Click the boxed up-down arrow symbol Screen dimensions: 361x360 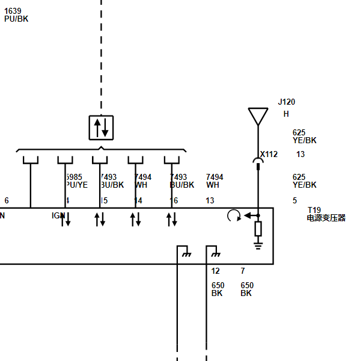101,128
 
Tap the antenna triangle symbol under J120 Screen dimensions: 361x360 258,115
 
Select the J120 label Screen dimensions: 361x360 286,102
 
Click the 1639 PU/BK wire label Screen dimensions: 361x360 16,15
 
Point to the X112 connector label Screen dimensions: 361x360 269,155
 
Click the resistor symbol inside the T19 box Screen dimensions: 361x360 258,229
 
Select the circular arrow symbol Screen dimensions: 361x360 234,215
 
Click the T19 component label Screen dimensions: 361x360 314,210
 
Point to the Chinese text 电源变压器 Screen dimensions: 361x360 326,218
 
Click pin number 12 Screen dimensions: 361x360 216,271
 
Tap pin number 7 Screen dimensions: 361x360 243,271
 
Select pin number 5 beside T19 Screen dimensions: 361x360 294,200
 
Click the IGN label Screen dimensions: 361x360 58,215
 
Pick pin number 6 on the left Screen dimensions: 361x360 7,200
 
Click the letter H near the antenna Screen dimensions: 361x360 286,114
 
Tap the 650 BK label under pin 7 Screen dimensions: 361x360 246,289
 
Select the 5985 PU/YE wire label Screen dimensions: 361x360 76,181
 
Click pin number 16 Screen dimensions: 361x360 174,200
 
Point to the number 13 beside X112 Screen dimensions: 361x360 301,155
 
